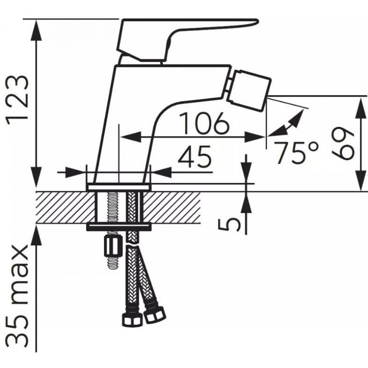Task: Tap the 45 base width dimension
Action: tap(195, 156)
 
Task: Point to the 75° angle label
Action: tap(297, 153)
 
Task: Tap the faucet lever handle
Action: tap(188, 40)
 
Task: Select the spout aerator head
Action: tap(249, 90)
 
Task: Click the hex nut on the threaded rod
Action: tap(113, 247)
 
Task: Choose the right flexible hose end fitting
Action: tap(155, 314)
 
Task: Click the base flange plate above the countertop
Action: tap(119, 187)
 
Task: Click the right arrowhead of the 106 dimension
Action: tap(255, 137)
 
